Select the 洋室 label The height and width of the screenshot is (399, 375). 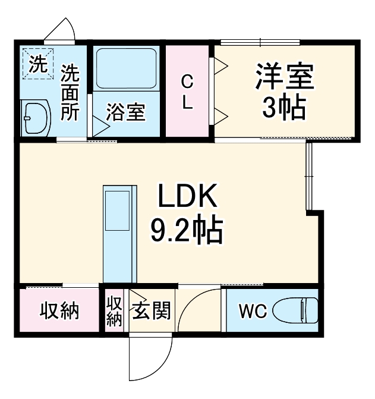(x=284, y=77)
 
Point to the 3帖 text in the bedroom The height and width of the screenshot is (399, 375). (x=284, y=108)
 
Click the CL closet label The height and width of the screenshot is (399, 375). (x=187, y=92)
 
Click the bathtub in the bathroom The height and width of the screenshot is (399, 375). (x=125, y=67)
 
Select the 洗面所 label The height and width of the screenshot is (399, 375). (x=70, y=92)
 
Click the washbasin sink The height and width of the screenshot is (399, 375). (x=36, y=118)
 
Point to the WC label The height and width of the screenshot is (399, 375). (x=252, y=311)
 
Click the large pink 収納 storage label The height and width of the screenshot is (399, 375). (x=59, y=311)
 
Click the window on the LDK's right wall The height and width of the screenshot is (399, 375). (x=308, y=176)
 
